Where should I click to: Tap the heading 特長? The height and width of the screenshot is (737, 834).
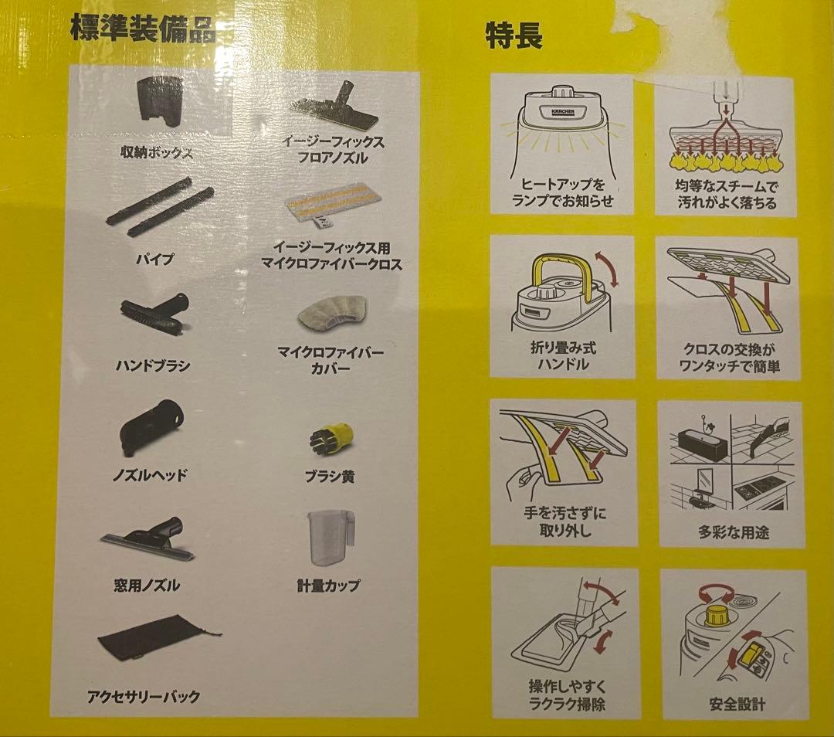(x=514, y=36)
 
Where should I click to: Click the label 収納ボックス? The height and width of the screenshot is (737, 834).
(x=156, y=153)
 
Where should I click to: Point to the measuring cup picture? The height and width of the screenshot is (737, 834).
(x=330, y=538)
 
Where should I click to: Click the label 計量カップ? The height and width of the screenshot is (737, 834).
(x=328, y=586)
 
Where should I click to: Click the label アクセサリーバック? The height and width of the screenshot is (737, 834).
(x=144, y=696)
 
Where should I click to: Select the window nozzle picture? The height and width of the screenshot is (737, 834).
(x=147, y=538)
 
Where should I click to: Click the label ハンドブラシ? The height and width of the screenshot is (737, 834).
(x=153, y=365)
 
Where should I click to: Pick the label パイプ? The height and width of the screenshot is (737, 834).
(x=154, y=259)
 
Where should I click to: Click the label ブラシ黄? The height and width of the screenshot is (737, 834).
(x=329, y=476)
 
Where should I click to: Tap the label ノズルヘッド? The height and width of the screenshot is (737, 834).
(x=150, y=474)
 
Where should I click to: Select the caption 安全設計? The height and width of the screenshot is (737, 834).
(x=737, y=704)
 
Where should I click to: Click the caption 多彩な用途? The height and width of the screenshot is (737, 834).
(x=734, y=532)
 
